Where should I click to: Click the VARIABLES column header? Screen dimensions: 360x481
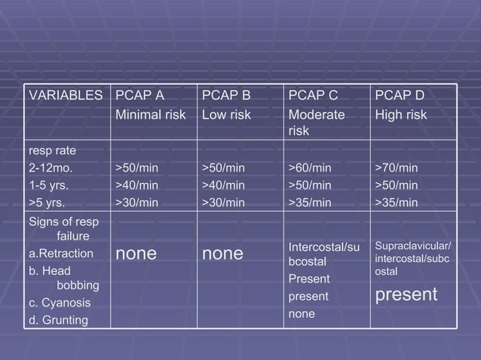64,96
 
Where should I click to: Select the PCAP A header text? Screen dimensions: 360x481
139,96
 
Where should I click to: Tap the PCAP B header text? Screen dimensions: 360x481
226,96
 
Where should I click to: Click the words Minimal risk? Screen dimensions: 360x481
150,115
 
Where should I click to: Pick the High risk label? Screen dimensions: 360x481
401,115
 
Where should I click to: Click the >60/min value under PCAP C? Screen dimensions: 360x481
311,167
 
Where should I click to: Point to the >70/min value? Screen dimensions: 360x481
397,167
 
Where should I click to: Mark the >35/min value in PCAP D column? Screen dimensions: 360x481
397,202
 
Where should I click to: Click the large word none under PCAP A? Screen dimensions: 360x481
136,255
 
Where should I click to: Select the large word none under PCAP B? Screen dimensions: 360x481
222,255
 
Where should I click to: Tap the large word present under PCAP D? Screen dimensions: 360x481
406,294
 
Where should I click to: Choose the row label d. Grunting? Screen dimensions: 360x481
58,321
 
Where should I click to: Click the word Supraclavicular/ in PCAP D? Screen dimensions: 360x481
412,246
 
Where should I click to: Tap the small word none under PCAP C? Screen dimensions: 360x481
301,313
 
